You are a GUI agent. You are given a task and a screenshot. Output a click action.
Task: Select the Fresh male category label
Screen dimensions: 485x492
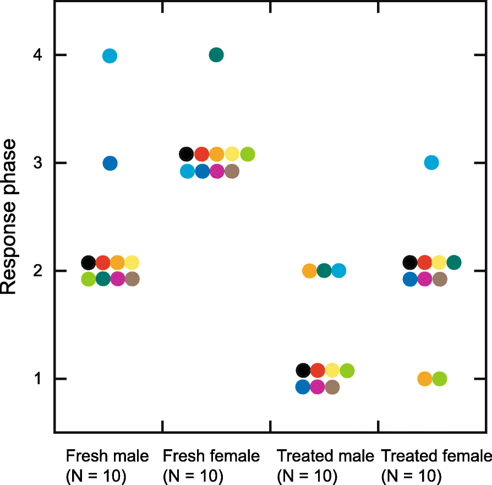(107, 456)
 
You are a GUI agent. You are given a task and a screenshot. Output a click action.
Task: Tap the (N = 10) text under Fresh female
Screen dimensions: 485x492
(193, 475)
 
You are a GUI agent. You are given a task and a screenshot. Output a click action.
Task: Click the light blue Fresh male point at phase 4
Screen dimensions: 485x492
(110, 56)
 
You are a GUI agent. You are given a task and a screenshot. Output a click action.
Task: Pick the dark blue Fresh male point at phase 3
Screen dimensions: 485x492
(110, 164)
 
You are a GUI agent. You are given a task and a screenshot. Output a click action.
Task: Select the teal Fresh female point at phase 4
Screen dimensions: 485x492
(216, 55)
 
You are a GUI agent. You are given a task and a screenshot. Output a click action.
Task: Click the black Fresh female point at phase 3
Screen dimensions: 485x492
(186, 154)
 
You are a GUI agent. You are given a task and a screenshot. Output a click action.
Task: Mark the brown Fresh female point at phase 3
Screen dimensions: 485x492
(232, 171)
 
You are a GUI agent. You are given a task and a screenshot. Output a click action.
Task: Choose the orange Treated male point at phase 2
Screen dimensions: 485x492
(309, 271)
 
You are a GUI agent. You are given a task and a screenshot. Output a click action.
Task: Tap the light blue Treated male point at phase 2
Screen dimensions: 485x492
(339, 271)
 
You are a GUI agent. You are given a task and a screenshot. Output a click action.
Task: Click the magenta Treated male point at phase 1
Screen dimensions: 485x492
(317, 387)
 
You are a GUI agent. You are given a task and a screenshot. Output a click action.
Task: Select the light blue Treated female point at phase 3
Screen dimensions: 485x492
(431, 163)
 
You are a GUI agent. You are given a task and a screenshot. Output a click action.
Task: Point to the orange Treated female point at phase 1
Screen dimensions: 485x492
(424, 379)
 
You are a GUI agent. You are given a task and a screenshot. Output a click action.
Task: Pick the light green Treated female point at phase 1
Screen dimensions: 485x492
(439, 379)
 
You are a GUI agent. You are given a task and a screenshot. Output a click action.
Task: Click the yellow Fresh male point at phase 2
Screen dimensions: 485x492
(132, 262)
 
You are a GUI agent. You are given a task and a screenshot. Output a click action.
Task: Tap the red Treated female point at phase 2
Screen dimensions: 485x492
(424, 262)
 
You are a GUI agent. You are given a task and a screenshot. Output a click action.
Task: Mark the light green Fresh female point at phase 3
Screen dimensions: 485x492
(247, 154)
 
